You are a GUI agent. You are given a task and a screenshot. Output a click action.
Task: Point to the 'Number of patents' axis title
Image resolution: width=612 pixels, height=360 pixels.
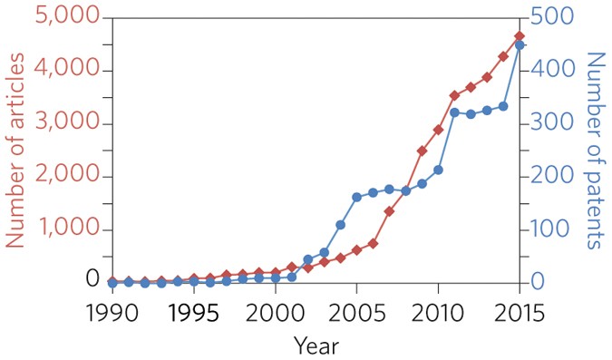pyautogui.click(x=594, y=150)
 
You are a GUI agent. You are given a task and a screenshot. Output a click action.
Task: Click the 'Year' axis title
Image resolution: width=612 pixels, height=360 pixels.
pyautogui.click(x=316, y=345)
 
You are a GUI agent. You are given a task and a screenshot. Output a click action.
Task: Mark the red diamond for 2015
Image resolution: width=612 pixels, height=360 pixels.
pyautogui.click(x=520, y=36)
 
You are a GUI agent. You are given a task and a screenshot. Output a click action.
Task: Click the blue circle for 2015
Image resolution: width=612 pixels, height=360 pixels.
pyautogui.click(x=520, y=44)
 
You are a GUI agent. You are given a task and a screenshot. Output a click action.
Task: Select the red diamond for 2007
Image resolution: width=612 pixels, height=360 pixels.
pyautogui.click(x=389, y=211)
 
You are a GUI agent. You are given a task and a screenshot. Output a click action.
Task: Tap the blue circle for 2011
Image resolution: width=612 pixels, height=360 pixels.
pyautogui.click(x=454, y=112)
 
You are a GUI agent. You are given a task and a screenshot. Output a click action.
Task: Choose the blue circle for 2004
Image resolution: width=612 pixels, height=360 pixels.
pyautogui.click(x=340, y=224)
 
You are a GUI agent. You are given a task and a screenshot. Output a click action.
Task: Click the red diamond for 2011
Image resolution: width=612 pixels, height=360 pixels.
pyautogui.click(x=454, y=95)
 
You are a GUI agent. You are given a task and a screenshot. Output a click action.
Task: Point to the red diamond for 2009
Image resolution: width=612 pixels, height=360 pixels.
pyautogui.click(x=422, y=151)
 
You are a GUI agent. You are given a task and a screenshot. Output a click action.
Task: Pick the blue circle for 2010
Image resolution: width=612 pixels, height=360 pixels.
pyautogui.click(x=438, y=170)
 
